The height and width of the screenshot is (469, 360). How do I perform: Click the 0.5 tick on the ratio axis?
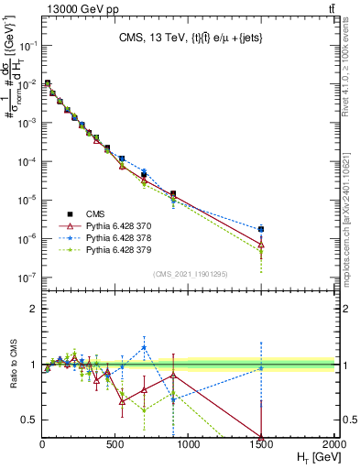[x=29, y=420]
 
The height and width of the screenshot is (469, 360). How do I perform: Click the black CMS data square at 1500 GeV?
[x=261, y=229]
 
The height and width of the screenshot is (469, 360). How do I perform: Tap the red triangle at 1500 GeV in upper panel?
[x=261, y=245]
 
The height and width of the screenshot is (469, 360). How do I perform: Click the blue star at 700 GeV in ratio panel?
[x=144, y=347]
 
